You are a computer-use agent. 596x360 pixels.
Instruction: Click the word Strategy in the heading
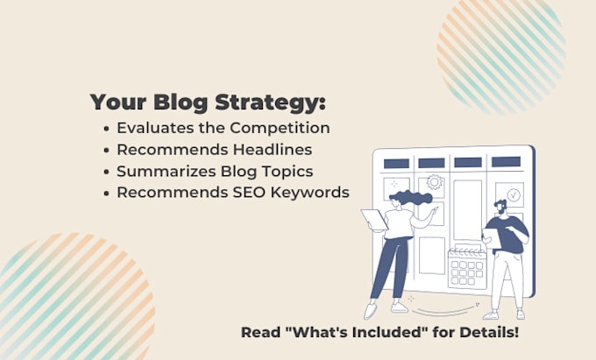coord(270,102)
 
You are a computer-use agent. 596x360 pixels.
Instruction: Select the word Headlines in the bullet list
coord(273,150)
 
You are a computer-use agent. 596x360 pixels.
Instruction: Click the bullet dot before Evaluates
coord(106,129)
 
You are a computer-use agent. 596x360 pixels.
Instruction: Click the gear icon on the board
coord(435,182)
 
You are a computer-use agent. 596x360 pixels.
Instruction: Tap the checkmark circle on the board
coord(513,194)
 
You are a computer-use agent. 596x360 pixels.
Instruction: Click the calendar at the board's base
coord(467,268)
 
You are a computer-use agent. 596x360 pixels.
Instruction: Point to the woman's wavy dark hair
coord(411,198)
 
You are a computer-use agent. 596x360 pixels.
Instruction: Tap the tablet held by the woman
coord(374,220)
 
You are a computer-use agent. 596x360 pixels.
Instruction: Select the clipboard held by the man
coord(492,238)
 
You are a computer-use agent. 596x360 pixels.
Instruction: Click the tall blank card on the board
coord(467,210)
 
